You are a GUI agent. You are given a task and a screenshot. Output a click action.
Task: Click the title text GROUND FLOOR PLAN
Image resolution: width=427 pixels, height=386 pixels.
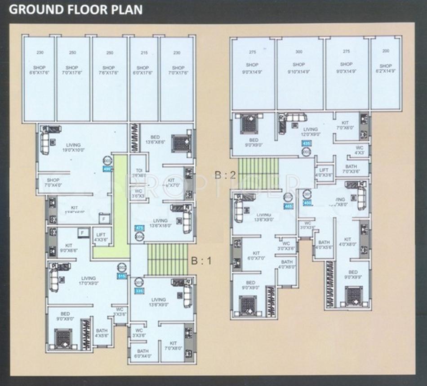(76, 9)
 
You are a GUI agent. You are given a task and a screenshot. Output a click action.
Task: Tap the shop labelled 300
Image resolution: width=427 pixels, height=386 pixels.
(299, 72)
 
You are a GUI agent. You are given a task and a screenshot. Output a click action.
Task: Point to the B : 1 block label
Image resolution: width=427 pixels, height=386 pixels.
(200, 260)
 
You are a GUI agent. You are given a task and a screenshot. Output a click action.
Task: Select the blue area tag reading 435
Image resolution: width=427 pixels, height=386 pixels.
(307, 144)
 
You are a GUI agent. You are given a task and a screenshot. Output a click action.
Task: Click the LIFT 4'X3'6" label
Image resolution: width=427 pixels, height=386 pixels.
(100, 238)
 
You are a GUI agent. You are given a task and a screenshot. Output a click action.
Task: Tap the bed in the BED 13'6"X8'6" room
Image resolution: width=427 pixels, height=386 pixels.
(181, 144)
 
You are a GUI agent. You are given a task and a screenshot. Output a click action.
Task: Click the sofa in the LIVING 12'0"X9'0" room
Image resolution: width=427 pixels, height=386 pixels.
(295, 118)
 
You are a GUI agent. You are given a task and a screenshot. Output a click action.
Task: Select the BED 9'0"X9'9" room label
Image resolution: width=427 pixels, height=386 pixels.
(353, 275)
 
